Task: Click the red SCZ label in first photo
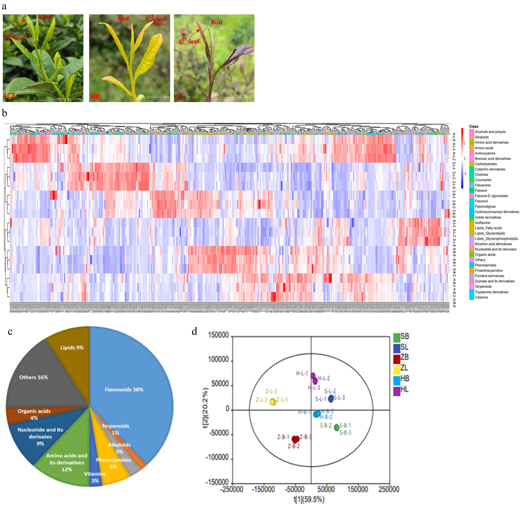click(x=9, y=96)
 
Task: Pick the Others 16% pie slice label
click(x=34, y=377)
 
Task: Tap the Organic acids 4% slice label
click(x=34, y=414)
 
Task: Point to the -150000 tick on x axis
click(x=263, y=489)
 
